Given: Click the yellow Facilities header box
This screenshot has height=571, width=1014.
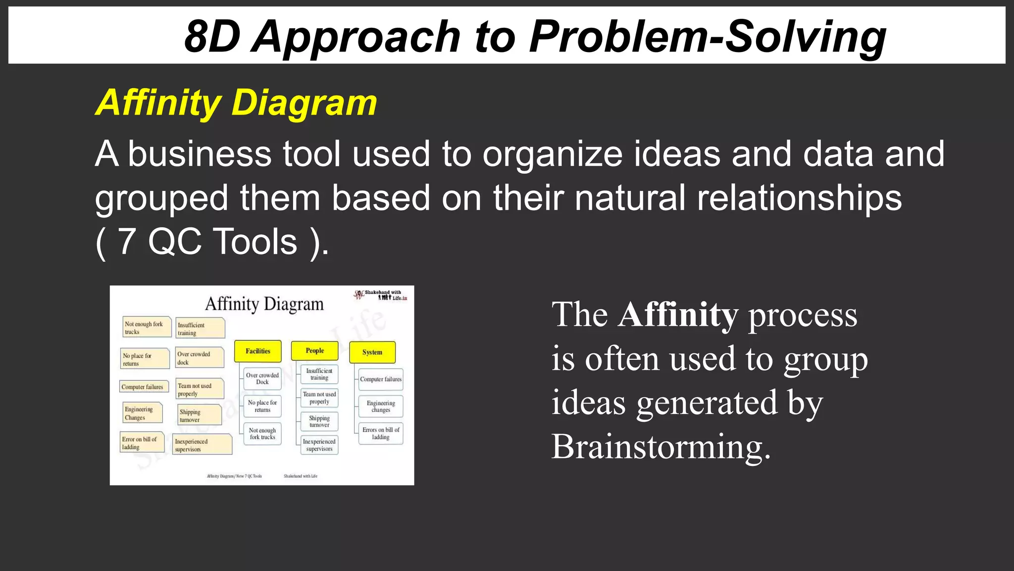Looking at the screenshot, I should click(x=257, y=351).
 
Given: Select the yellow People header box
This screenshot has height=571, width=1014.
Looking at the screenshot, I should click(x=314, y=350).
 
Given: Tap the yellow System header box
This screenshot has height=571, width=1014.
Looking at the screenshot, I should click(x=372, y=352).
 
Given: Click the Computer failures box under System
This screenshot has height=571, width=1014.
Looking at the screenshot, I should click(x=380, y=379).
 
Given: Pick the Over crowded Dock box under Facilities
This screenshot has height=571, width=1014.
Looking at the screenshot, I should click(x=262, y=379).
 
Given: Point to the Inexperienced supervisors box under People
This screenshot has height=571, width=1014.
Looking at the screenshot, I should click(x=319, y=445).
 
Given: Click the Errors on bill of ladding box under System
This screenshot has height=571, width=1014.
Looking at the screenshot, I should click(x=380, y=433).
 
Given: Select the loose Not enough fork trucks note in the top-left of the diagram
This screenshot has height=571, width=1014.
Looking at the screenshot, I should click(x=146, y=327).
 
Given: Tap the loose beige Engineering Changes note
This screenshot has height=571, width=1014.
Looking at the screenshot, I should click(x=142, y=413).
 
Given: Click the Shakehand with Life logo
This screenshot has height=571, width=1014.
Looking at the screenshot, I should click(x=380, y=295).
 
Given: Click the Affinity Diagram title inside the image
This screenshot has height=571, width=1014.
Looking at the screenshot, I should click(x=264, y=304).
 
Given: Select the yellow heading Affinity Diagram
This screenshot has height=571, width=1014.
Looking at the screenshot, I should click(x=236, y=103).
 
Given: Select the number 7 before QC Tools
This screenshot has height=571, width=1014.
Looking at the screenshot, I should click(x=127, y=241).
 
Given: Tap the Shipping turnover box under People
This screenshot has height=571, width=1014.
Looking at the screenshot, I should click(x=319, y=421).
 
